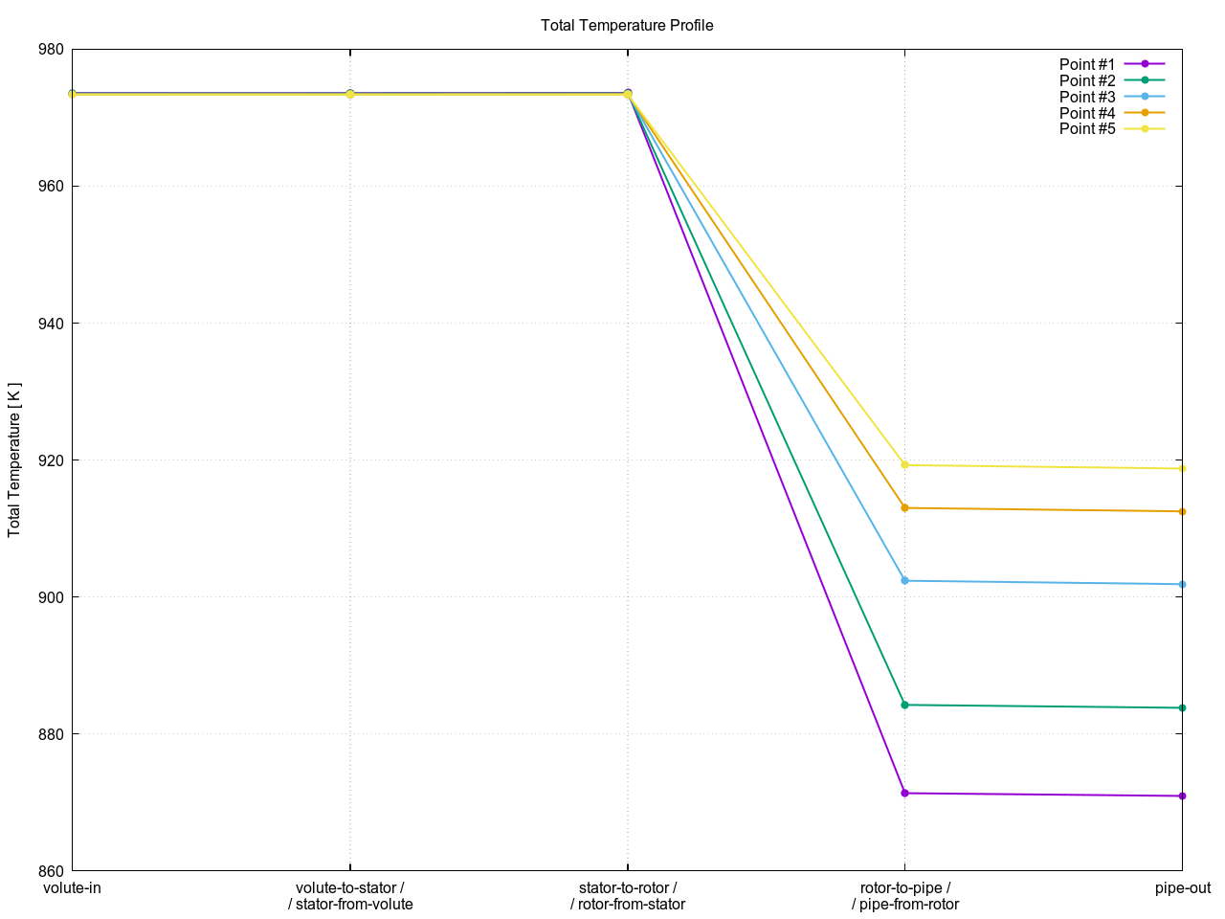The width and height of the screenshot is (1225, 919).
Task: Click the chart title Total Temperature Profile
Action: pos(627,25)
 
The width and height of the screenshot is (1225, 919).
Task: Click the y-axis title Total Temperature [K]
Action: pos(14,459)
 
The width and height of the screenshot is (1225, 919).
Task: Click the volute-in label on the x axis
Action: pos(73,888)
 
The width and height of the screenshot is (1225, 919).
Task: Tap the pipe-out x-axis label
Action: pos(1182,888)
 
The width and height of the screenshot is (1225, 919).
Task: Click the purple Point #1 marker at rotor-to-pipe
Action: pos(904,793)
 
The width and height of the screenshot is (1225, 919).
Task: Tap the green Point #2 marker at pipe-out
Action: pos(1182,708)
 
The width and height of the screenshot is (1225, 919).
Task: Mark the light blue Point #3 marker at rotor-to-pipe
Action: pos(904,580)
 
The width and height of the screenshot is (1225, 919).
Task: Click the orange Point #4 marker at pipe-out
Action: pos(1182,511)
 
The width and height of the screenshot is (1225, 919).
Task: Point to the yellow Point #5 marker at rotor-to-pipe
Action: pos(904,465)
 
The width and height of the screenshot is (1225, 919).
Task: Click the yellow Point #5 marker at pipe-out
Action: pos(1182,468)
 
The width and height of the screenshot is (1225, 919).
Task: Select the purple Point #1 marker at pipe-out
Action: pos(1182,796)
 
